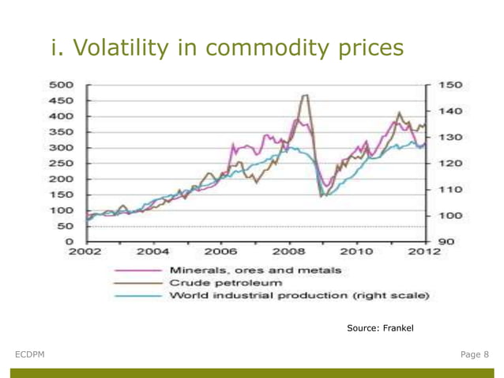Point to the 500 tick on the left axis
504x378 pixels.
[x=64, y=85]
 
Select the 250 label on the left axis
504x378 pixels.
[x=64, y=163]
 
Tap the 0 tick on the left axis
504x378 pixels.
[x=70, y=241]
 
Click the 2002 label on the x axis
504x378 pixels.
[x=87, y=253]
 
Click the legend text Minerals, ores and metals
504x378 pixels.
[x=254, y=269]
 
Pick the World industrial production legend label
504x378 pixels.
[x=298, y=295]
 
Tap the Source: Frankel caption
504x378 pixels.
[x=380, y=327]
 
